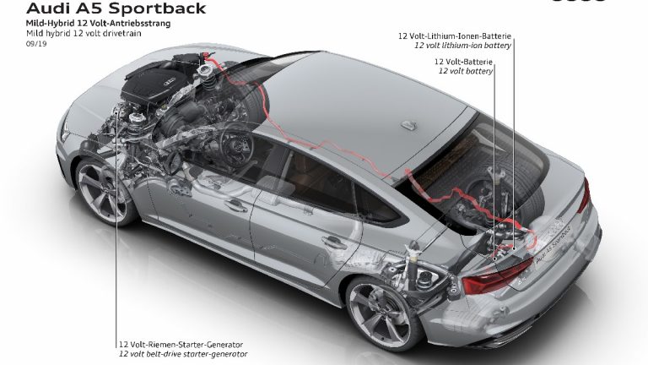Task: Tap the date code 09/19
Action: point(37,44)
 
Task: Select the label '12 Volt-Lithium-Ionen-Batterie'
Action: point(456,36)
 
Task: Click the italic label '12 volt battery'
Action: point(465,72)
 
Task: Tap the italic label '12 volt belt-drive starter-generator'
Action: point(184,354)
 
